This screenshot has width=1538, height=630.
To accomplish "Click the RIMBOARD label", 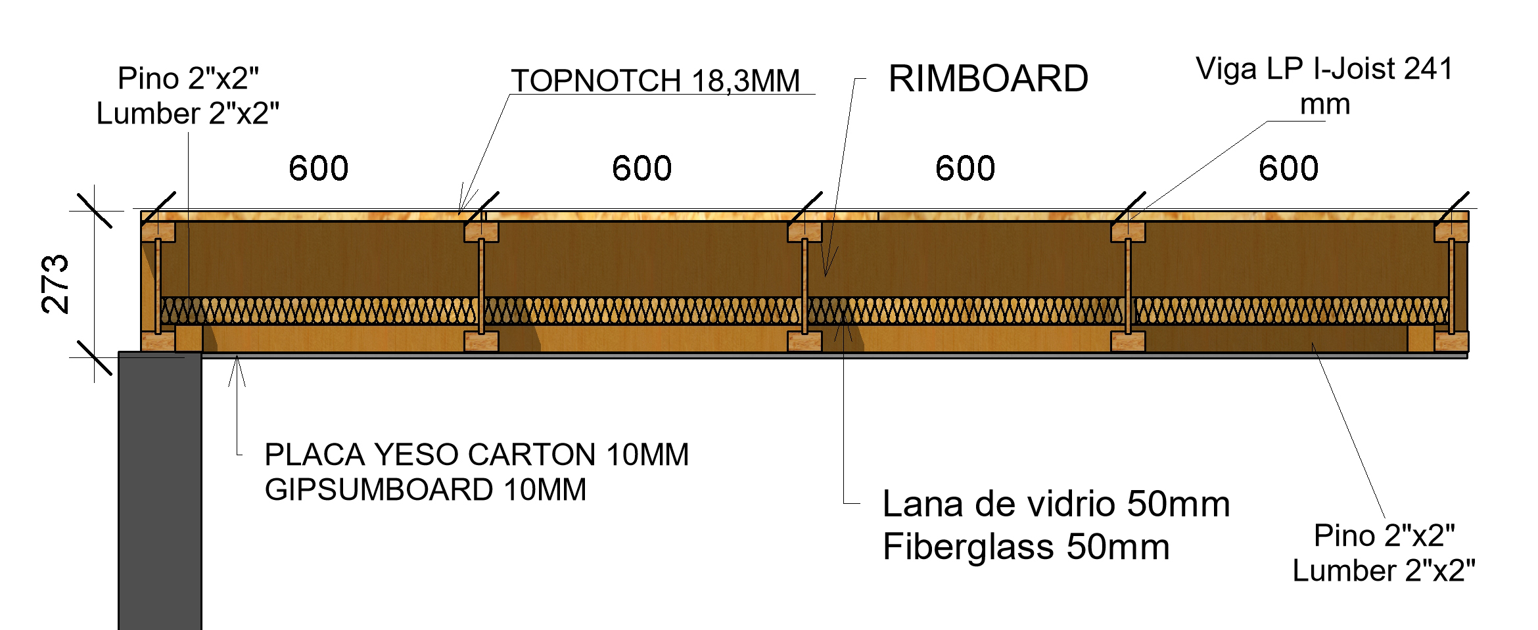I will point(988,79).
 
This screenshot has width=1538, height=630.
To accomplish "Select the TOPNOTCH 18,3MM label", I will point(655,81).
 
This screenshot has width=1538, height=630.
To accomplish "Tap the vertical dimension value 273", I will point(55,284).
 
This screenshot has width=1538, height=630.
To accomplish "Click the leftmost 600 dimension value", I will point(319,168).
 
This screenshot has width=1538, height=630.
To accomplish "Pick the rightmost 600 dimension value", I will point(1288,168).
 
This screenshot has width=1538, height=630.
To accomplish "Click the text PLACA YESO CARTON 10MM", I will point(477,455).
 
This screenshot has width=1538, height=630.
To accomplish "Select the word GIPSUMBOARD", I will point(379,490).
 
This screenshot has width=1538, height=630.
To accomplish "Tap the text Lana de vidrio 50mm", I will point(1056,505).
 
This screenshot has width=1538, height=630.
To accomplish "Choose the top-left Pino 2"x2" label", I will point(188,79).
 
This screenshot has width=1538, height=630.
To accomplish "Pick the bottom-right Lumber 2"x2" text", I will point(1384,571).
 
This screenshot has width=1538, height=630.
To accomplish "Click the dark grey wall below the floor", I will point(160,493).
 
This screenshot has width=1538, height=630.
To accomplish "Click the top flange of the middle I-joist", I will point(804,232).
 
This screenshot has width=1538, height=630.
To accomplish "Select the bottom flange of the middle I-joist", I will point(804,341).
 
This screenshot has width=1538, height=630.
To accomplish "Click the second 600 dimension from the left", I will point(641,168).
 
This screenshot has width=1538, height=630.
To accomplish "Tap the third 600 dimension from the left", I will point(965,168).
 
